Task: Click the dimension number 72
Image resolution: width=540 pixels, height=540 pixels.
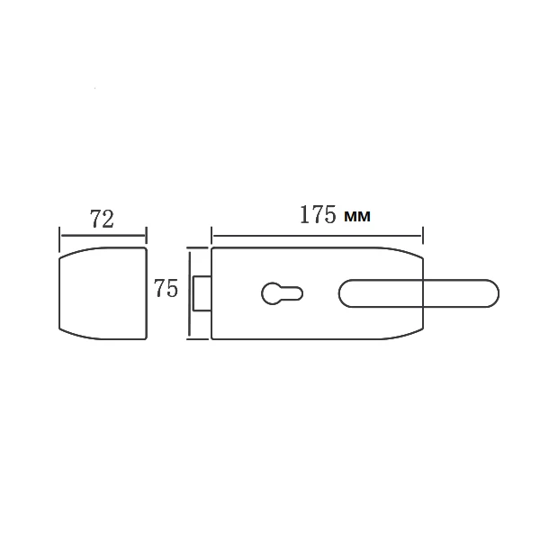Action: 102,219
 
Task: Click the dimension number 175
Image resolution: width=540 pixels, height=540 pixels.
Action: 318,214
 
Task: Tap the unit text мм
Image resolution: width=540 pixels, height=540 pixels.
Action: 357,216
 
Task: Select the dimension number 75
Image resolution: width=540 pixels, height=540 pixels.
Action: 166,288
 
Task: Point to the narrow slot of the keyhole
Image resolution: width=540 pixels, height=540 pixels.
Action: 292,293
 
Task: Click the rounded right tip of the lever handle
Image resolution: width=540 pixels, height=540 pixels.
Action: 493,293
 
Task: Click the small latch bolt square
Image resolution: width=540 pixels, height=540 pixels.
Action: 202,293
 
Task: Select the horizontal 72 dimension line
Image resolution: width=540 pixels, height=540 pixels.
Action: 103,236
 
